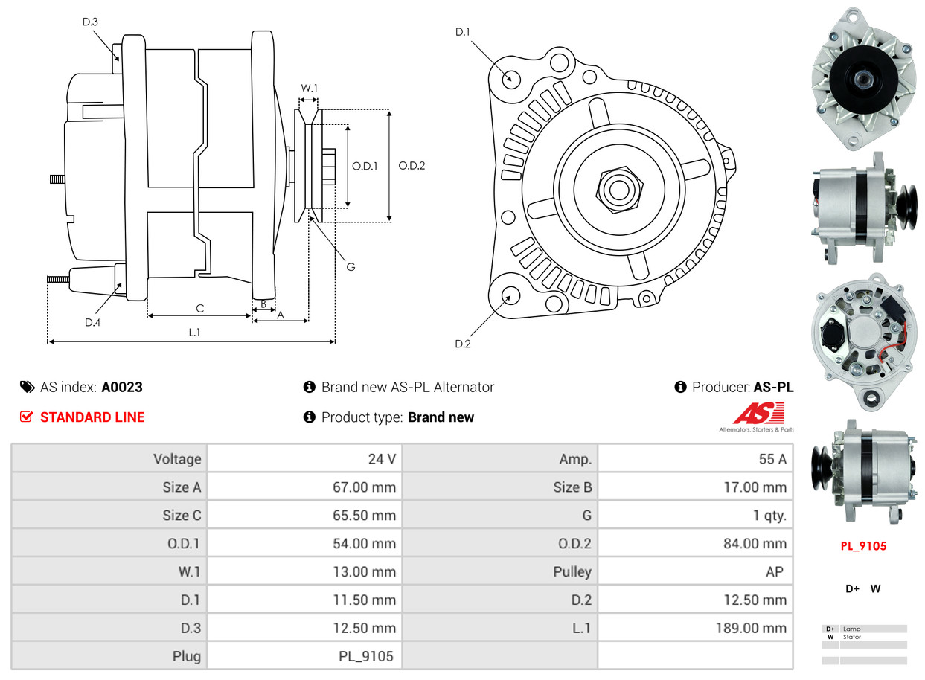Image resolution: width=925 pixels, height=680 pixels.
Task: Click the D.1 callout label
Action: point(463,31)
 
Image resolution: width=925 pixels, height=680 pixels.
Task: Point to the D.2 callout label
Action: point(463,344)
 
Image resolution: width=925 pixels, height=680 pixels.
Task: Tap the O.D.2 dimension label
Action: point(412,166)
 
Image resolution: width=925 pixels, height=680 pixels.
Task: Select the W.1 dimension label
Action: point(309,88)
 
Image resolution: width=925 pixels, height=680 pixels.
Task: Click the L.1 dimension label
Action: point(193,333)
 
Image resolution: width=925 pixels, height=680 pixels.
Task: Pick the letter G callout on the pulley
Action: point(351,266)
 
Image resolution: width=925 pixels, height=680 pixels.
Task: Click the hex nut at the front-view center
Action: point(617,188)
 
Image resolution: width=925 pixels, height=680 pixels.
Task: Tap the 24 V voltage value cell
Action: point(382,459)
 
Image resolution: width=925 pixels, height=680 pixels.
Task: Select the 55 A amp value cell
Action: point(772,459)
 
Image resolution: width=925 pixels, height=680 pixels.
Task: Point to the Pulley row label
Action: point(572,571)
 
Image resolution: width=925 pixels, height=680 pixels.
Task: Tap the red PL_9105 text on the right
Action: point(863,546)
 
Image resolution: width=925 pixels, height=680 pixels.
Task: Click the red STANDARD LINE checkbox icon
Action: point(27,417)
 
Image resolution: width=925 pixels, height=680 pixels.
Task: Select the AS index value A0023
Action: point(122,387)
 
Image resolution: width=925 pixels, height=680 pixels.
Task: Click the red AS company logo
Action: point(758,414)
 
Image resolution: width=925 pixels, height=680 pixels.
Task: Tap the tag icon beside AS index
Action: point(27,387)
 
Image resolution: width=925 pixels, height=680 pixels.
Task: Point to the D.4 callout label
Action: point(92,322)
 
